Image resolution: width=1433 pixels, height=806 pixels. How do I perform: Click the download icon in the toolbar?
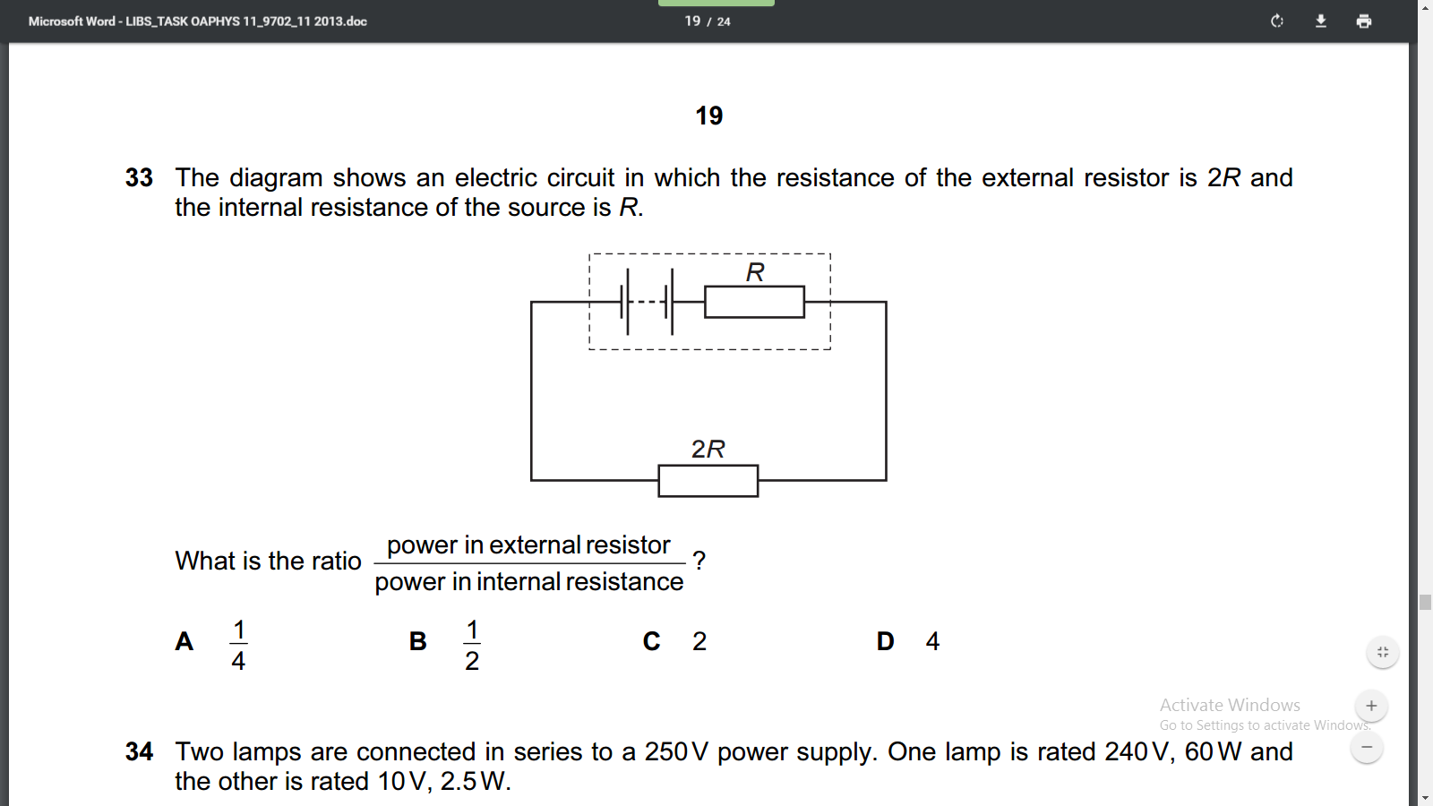coord(1320,21)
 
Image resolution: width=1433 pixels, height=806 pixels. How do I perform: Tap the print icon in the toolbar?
coord(1364,21)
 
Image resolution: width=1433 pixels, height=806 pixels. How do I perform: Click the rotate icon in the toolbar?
coord(1277,21)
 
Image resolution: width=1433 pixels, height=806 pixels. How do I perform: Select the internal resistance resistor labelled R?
coord(754,302)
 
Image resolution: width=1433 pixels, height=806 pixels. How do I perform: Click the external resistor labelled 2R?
coord(708,481)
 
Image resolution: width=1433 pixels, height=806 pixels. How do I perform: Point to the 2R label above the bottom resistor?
coord(708,449)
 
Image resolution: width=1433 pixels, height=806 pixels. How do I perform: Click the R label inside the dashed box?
coord(755,272)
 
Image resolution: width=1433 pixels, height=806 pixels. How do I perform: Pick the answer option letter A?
coord(184,641)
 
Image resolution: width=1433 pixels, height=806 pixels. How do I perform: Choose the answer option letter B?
coord(417,641)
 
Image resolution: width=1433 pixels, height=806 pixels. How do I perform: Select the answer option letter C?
coord(651,641)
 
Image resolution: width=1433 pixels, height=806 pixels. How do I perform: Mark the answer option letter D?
coord(886,641)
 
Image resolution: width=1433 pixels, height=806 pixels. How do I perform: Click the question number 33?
coord(139,178)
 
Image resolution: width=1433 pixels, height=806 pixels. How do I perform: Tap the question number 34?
coord(139,751)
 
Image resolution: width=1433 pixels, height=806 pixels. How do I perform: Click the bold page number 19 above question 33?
coord(708,116)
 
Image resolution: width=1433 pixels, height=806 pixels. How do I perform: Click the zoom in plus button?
coord(1371,706)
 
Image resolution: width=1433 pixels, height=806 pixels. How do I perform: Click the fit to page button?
coord(1383,652)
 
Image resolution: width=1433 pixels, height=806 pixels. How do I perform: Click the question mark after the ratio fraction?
coord(699,561)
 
